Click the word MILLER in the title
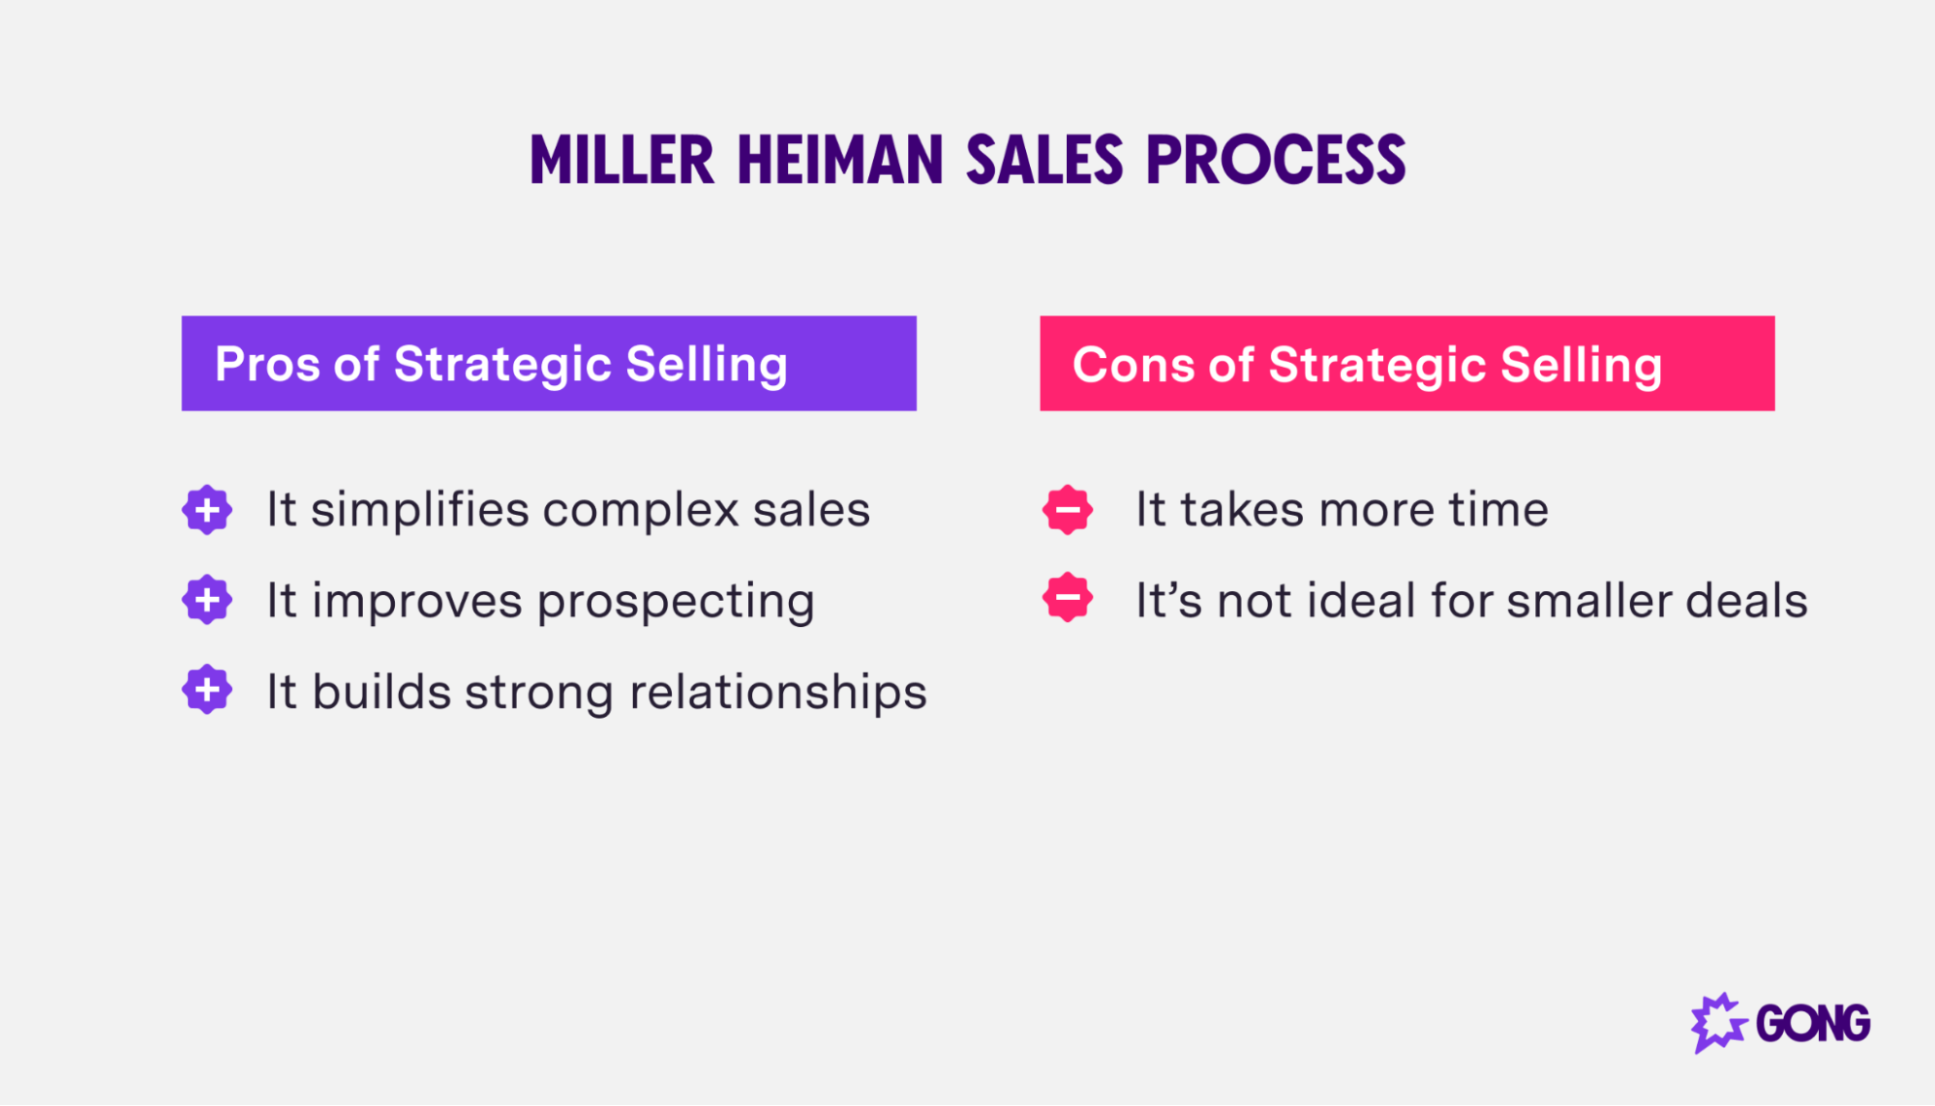coord(621,161)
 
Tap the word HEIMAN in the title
coord(839,161)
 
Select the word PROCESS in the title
coord(1276,161)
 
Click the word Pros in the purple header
coord(267,364)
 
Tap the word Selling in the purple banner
coord(707,365)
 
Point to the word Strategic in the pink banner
coord(1376,365)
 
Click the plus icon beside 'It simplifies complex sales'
coord(207,510)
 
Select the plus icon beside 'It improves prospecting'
coord(207,600)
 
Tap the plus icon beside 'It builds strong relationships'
coord(207,690)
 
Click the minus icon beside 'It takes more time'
coord(1068,510)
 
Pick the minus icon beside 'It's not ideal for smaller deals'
coord(1068,598)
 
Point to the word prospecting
coord(676,602)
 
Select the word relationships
coord(777,693)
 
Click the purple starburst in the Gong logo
coord(1717,1023)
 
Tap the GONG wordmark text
coord(1812,1024)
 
